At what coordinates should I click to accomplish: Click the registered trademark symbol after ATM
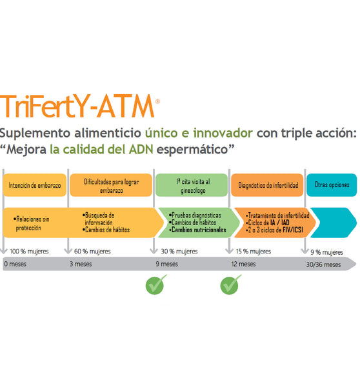click(157, 101)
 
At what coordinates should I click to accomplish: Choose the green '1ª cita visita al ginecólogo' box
click(191, 185)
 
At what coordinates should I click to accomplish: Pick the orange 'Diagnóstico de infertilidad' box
click(268, 185)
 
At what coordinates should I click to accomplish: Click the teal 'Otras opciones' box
click(331, 185)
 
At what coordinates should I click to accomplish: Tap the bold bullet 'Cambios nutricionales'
click(198, 230)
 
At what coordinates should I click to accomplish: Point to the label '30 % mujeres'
click(178, 252)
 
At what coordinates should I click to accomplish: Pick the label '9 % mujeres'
click(327, 252)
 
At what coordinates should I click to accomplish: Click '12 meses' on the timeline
click(243, 264)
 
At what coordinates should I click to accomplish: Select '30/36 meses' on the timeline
click(323, 264)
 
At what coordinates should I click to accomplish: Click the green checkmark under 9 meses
click(155, 284)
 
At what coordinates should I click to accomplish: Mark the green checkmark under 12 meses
click(230, 284)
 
